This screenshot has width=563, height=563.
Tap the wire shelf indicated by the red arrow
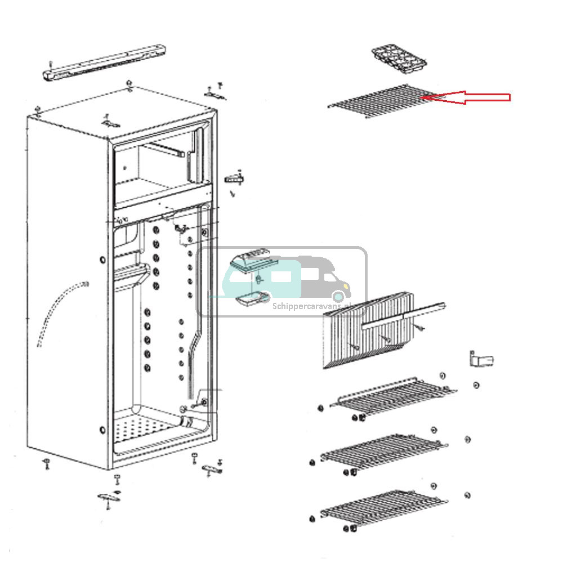click(383, 102)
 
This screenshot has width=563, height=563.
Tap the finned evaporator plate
click(366, 332)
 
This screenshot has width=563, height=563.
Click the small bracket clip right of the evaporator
click(481, 359)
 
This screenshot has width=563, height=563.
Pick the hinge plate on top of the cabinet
click(110, 122)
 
